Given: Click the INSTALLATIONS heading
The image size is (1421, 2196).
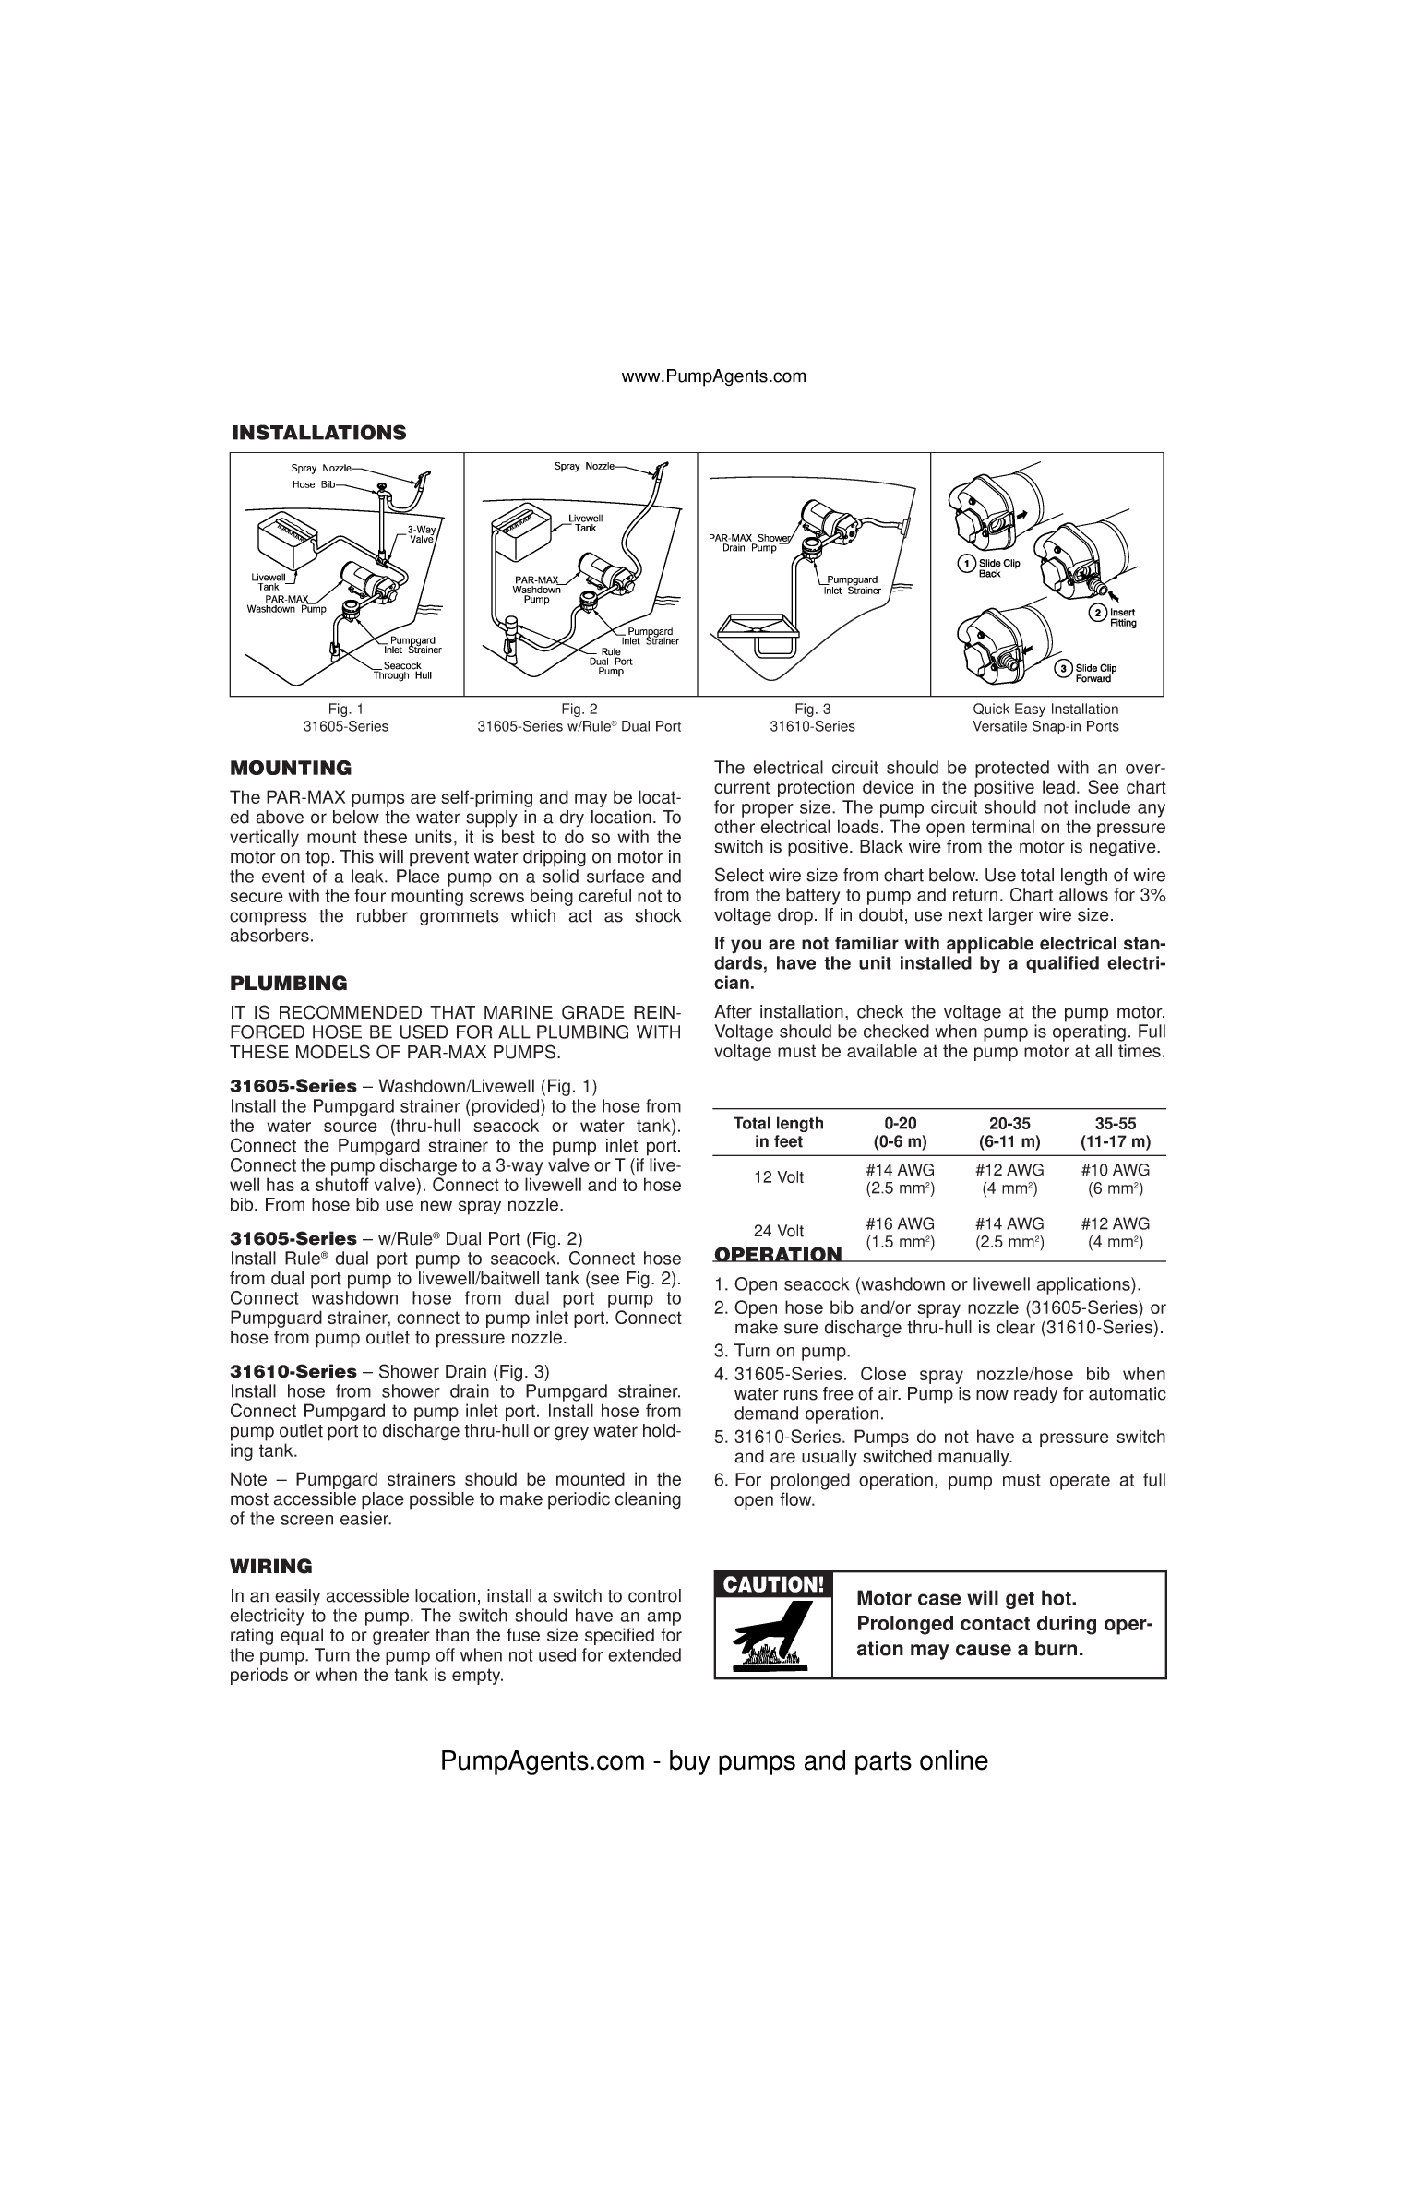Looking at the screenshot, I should click(318, 433).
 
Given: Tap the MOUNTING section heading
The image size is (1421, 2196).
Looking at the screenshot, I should click(291, 768).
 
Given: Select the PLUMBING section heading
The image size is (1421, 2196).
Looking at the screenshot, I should click(289, 983).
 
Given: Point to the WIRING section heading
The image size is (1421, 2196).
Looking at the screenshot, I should click(271, 1566).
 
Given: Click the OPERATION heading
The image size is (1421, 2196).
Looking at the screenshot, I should click(779, 1255).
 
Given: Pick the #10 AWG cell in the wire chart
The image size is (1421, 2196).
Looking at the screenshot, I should click(1115, 1170).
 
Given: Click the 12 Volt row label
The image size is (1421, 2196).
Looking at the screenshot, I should click(779, 1177).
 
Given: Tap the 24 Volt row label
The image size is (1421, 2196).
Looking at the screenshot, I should click(779, 1231).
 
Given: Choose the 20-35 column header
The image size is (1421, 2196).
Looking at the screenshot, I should click(1009, 1123).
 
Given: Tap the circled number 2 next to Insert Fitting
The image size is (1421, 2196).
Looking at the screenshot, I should click(1098, 613).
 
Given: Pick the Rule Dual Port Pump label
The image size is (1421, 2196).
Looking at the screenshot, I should click(611, 662).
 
